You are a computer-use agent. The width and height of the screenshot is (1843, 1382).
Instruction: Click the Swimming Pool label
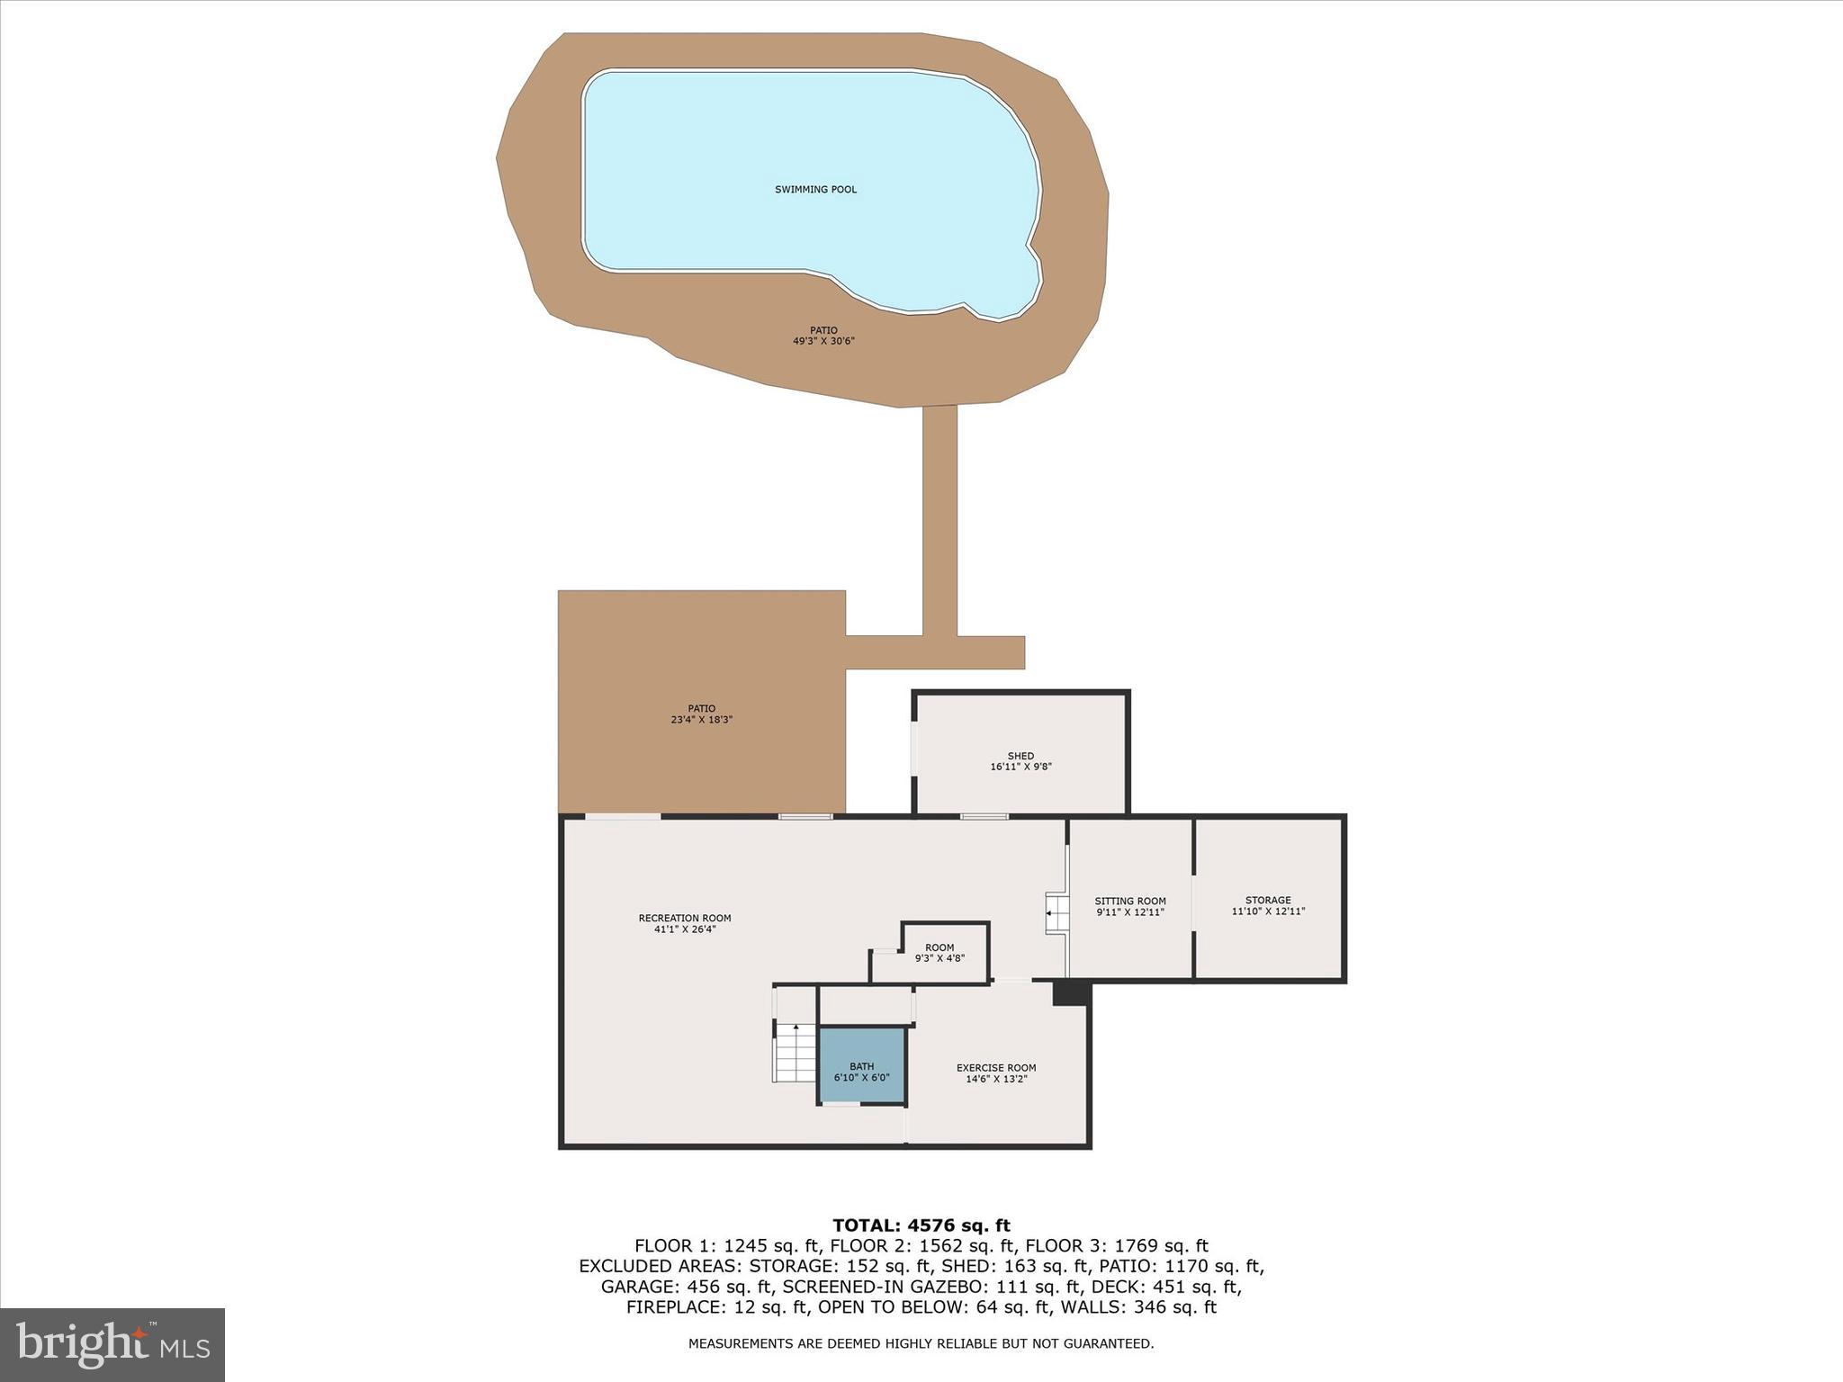(x=815, y=190)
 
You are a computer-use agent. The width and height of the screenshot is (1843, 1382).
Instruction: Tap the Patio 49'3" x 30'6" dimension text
(x=823, y=341)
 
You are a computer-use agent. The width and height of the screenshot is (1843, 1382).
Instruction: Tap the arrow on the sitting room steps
(x=1050, y=914)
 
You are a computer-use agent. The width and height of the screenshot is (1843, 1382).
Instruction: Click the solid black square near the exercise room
(x=1071, y=993)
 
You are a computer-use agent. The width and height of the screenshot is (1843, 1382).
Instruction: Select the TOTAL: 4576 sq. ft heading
(x=921, y=1225)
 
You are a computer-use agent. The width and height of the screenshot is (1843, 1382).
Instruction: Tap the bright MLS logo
(x=112, y=1345)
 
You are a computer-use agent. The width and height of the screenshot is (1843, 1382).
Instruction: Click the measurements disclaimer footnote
(x=921, y=1343)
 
